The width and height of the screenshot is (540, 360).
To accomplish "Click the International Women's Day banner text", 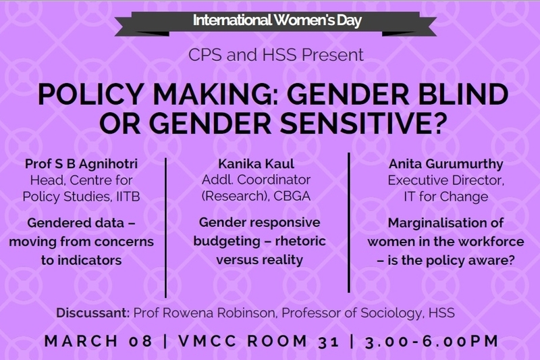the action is (277, 20).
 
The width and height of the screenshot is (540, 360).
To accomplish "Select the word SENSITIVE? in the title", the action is (363, 124).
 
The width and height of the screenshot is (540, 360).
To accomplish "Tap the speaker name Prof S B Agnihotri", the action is (81, 164).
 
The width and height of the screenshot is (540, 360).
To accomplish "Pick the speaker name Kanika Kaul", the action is (256, 164).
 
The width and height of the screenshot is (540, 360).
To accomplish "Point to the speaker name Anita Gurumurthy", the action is (446, 164).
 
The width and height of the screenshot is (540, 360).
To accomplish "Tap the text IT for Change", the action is (446, 197).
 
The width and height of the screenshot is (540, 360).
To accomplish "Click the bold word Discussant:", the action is (93, 313).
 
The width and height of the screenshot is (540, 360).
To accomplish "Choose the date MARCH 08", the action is (98, 341).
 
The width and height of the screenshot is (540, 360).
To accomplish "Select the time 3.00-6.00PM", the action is (432, 341).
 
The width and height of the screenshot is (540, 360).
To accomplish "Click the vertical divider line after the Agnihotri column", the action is (166, 228).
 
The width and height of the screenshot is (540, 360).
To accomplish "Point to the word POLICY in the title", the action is (90, 94).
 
